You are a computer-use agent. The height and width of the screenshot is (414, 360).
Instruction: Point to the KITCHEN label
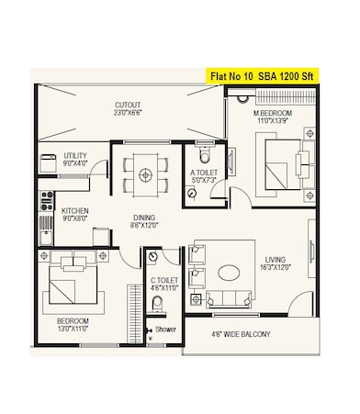tap(74, 210)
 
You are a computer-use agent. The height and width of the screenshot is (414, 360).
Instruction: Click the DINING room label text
tap(141, 217)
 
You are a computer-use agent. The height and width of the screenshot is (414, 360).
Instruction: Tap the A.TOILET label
tap(203, 172)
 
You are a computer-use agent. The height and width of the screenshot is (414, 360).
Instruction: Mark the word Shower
tap(165, 329)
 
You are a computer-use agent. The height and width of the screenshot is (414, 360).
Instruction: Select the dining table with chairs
tap(145, 171)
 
